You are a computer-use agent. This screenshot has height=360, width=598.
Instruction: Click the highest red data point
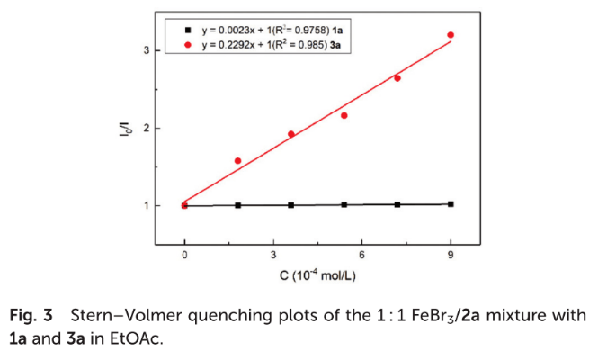point(450,35)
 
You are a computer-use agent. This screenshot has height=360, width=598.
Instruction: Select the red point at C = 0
point(184,205)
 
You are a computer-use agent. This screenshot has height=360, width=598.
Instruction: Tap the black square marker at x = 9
point(450,204)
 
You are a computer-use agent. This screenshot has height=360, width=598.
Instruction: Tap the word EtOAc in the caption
point(138,340)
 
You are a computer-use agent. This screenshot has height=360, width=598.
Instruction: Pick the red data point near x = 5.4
point(344,115)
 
